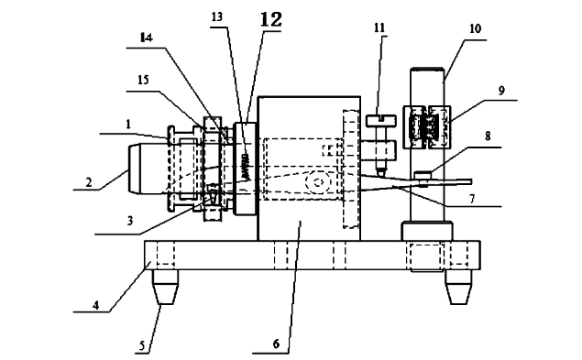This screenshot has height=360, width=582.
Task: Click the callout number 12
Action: point(271,19)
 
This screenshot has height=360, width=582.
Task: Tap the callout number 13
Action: point(217,16)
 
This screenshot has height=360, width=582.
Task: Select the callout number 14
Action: point(147,38)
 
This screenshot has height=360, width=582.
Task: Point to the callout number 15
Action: point(143,80)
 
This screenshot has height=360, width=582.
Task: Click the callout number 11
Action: point(379,27)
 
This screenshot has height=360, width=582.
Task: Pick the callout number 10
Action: point(475,28)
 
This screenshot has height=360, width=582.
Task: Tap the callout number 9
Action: point(501,90)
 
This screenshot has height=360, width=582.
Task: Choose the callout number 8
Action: point(488,136)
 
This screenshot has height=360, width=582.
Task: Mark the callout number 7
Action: point(472,200)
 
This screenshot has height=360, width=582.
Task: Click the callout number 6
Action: point(276,344)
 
